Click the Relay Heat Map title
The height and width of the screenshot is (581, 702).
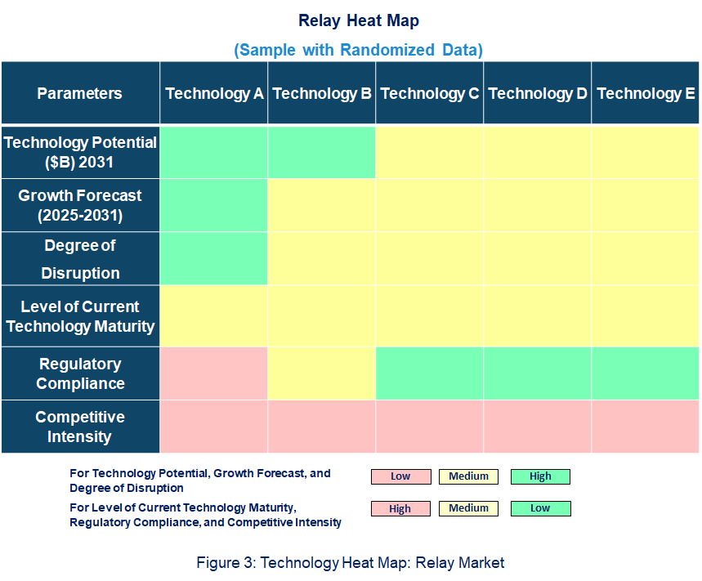pos(358,20)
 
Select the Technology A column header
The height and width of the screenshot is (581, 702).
pos(214,93)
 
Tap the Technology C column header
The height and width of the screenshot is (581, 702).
pos(430,93)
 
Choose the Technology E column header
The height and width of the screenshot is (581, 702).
pos(646,93)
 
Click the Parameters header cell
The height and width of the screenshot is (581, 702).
pos(79,93)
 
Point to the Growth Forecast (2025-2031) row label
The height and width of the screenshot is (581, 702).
pos(79,206)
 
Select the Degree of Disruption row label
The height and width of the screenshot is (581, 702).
pos(79,259)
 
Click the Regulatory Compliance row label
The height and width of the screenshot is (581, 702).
pos(79,373)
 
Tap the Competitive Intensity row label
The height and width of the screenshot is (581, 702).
pos(79,427)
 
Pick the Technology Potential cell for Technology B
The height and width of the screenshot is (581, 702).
pos(322,152)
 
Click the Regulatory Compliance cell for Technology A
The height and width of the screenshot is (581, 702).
pos(214,373)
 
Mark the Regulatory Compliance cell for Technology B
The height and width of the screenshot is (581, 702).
pos(322,373)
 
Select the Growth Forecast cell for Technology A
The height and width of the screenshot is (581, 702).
pos(214,206)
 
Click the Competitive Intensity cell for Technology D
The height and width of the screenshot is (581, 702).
pos(538,427)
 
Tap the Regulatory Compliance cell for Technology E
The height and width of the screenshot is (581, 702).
pos(646,373)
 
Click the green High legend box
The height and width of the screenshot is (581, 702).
pos(540,476)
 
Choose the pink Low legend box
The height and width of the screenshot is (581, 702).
pos(400,476)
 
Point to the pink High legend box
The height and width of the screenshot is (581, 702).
pos(400,508)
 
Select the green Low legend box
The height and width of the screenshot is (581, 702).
pos(540,508)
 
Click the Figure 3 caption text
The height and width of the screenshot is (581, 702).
pos(351,562)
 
